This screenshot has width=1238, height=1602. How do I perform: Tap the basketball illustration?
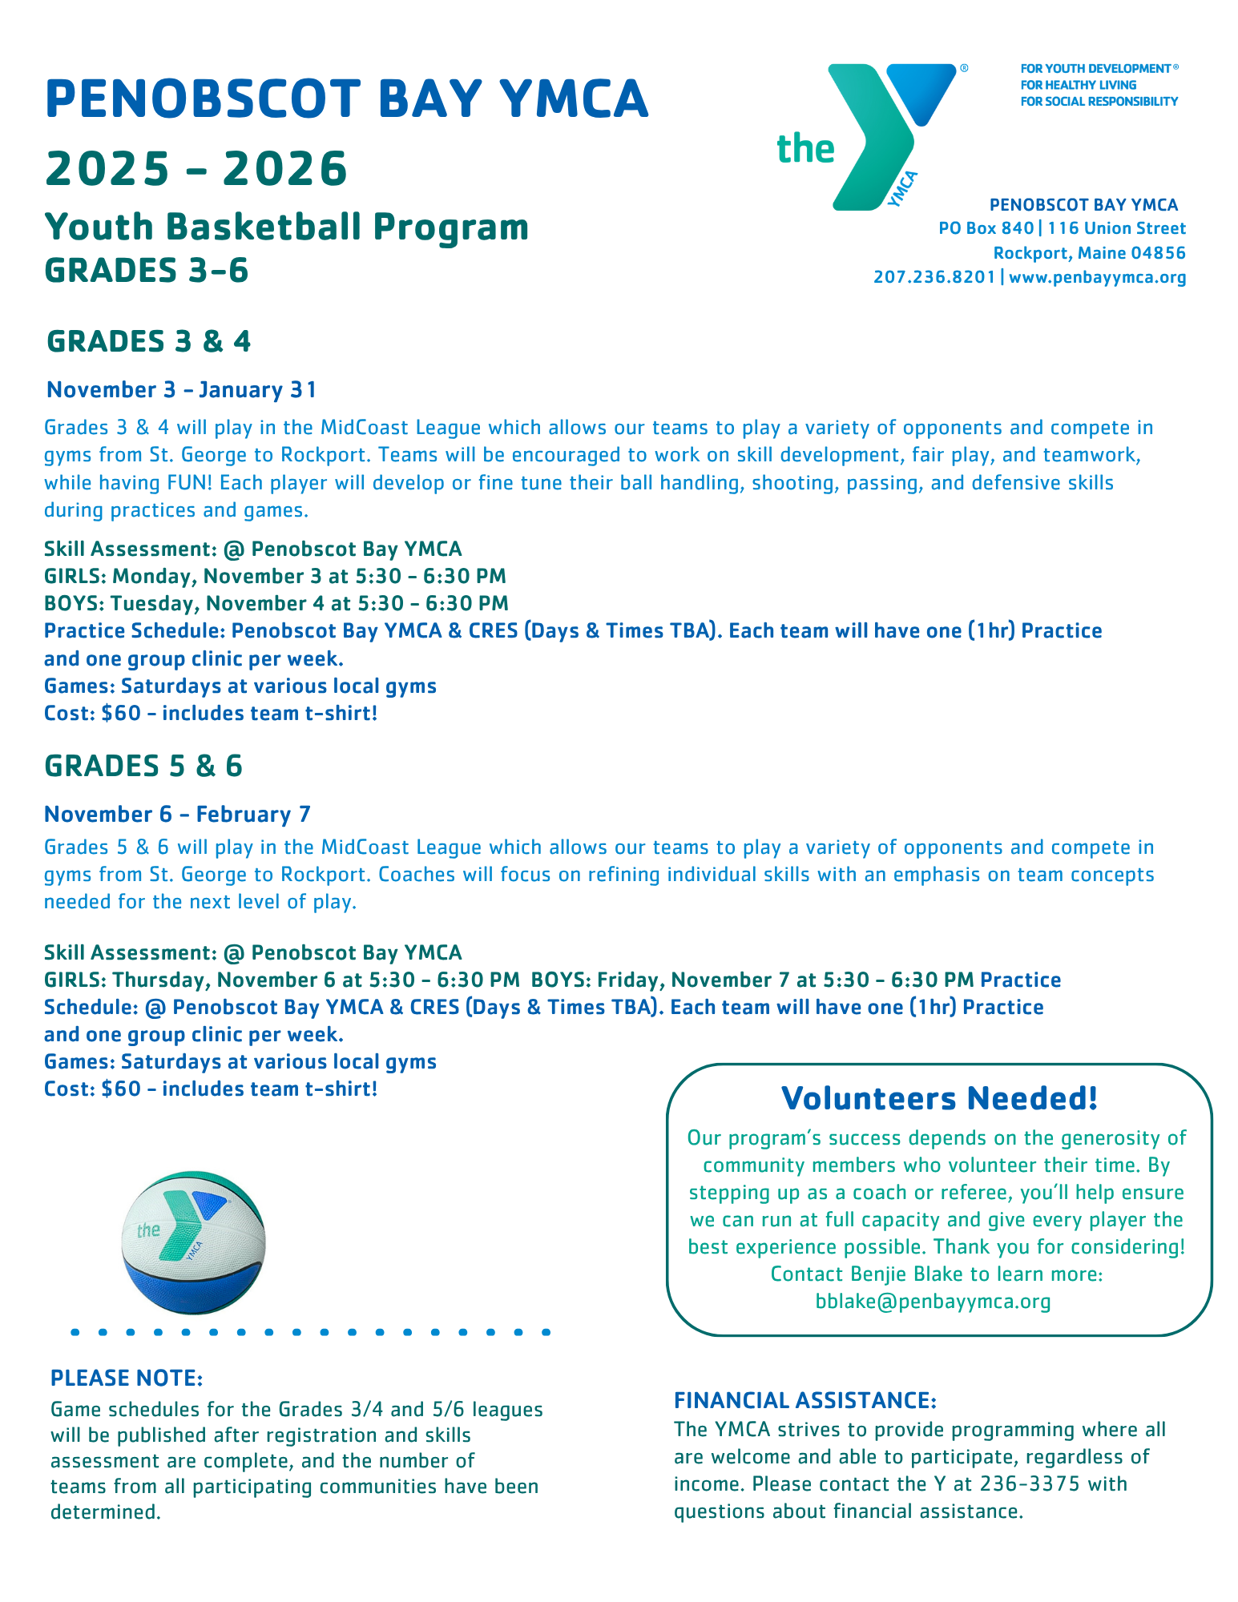[193, 1242]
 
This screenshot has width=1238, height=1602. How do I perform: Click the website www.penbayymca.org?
[1097, 277]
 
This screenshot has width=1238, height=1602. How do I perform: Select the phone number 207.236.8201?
[934, 277]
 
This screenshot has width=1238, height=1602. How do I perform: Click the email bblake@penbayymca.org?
[933, 1302]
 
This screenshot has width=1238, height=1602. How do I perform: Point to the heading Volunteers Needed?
[939, 1098]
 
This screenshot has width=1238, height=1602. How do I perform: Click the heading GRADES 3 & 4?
[149, 341]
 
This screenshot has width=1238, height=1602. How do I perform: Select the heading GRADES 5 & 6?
[143, 766]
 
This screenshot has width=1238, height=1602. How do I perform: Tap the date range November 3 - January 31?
[182, 390]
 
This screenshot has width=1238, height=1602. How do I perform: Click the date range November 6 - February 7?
[177, 815]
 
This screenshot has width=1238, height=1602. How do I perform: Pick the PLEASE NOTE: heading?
[127, 1379]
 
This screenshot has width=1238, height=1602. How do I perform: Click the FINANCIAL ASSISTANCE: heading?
[805, 1400]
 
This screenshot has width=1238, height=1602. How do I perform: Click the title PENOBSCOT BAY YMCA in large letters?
[346, 99]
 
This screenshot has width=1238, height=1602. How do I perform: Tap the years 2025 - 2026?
[196, 168]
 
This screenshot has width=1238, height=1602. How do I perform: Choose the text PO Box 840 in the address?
[986, 228]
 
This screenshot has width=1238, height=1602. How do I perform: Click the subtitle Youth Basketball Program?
[287, 227]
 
